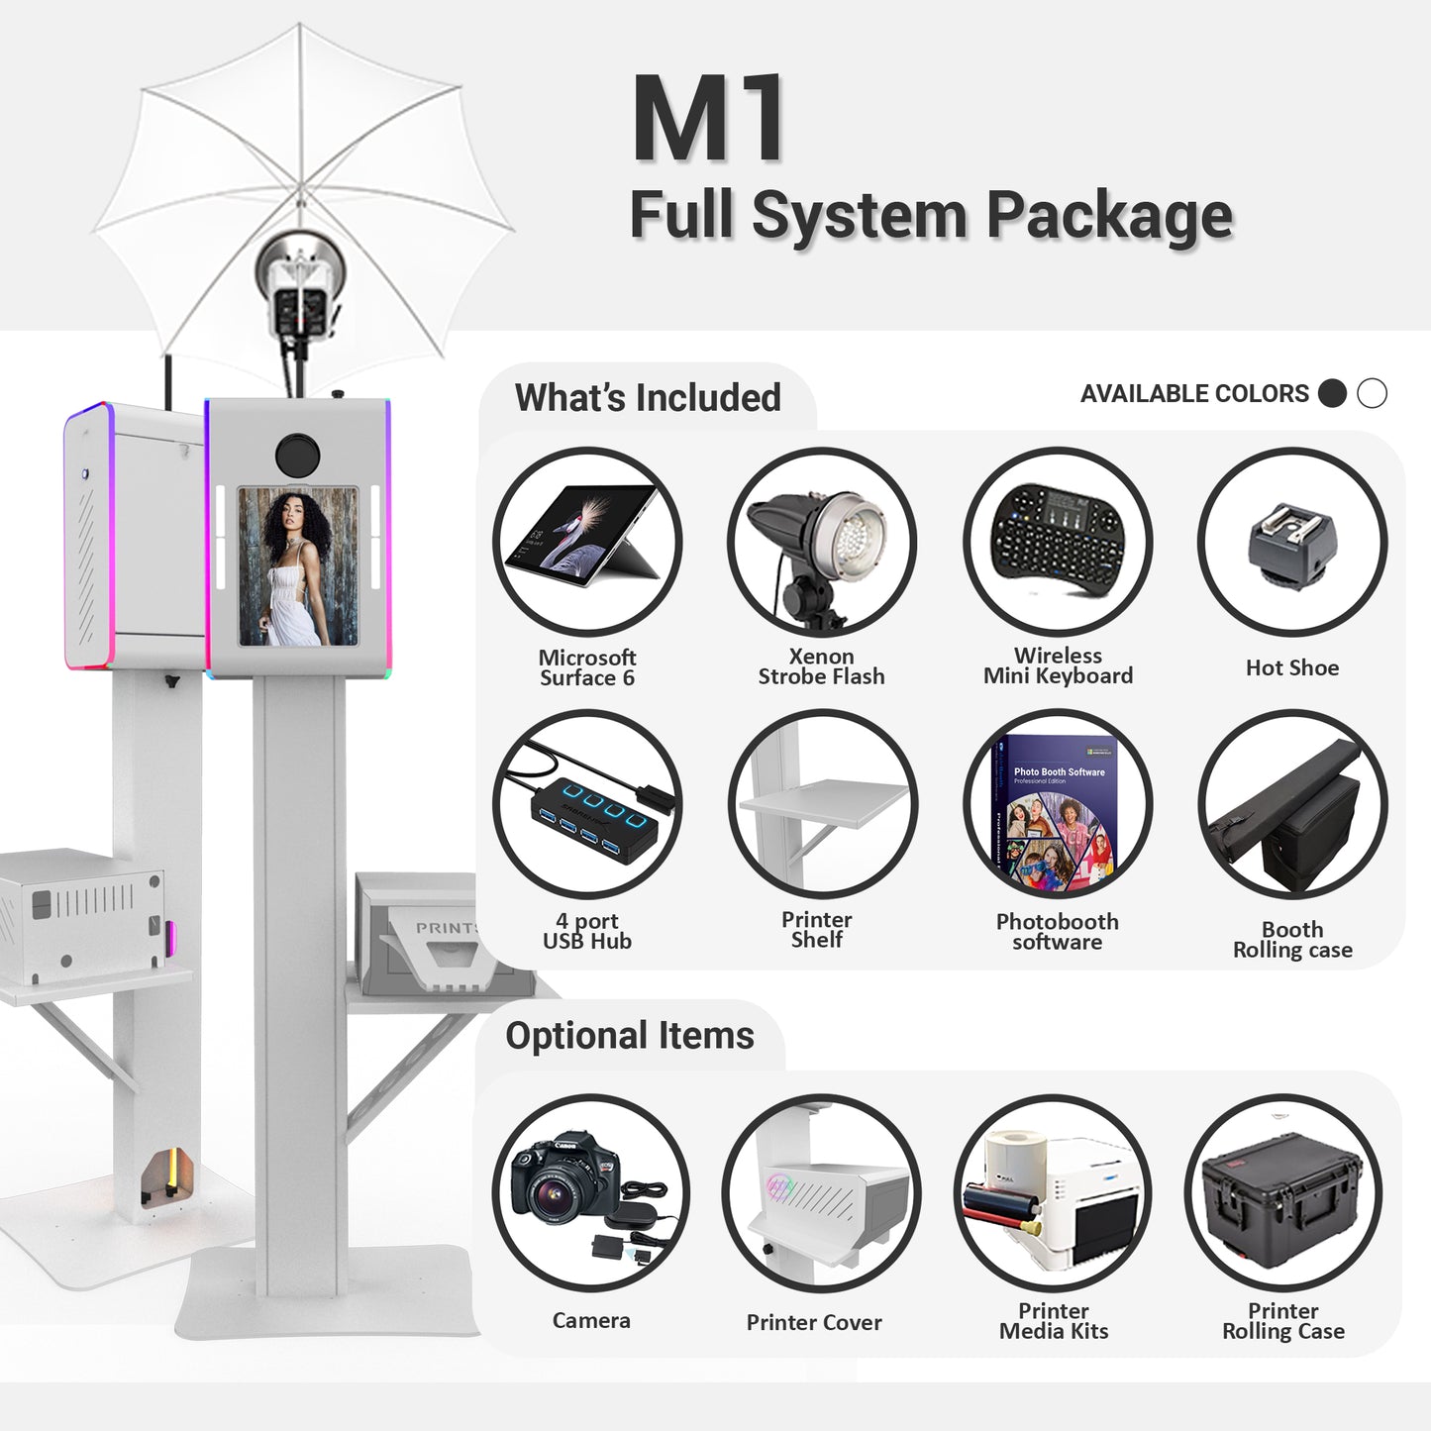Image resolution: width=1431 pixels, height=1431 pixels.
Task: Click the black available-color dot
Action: [x=1332, y=393]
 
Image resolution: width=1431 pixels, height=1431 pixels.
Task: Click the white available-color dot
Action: [x=1372, y=393]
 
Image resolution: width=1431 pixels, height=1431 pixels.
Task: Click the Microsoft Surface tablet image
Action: [x=583, y=536]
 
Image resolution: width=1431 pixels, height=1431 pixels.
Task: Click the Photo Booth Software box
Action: [x=1055, y=812]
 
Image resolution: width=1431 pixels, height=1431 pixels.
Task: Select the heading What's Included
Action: [x=648, y=397]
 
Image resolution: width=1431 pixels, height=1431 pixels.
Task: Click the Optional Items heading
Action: [x=630, y=1035]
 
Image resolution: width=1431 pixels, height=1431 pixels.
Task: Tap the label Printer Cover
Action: [x=814, y=1322]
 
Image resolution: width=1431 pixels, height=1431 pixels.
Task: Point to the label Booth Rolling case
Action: [x=1292, y=940]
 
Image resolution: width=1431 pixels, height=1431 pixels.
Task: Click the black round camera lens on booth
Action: [x=298, y=455]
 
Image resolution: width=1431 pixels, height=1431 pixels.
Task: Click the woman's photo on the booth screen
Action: [x=298, y=565]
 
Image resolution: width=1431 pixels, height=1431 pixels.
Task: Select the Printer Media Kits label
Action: [x=1053, y=1320]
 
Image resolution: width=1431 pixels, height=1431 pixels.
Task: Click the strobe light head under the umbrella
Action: [x=299, y=286]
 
